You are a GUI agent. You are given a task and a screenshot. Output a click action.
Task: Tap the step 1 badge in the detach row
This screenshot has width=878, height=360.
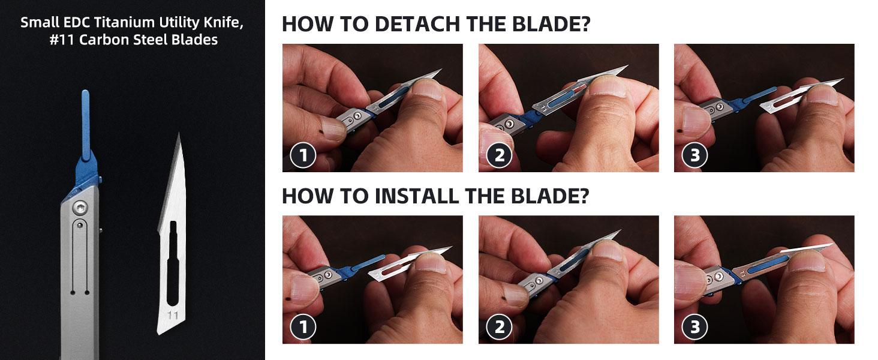click(x=303, y=155)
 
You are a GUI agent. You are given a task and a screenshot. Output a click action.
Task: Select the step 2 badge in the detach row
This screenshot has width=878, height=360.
click(x=499, y=155)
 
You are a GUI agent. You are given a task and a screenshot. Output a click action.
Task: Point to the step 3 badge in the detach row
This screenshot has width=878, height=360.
click(x=694, y=155)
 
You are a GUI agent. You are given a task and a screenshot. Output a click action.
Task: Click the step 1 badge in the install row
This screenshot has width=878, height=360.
click(x=303, y=327)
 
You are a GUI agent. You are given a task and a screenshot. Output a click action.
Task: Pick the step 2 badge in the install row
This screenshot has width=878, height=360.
click(x=499, y=327)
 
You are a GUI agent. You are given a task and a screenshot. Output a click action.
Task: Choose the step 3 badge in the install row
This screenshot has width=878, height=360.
click(x=694, y=327)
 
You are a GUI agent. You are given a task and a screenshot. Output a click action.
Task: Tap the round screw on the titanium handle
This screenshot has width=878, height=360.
click(x=80, y=207)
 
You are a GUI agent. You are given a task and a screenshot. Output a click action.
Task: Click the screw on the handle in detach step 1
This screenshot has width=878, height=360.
click(x=357, y=113)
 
